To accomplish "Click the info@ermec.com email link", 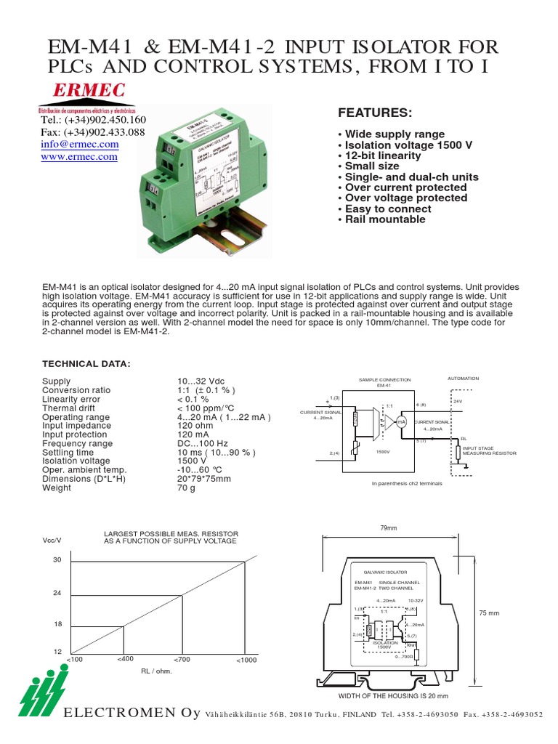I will (79, 145).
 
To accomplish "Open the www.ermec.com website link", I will (79, 156).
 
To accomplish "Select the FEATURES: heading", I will (375, 113).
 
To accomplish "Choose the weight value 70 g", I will (187, 488).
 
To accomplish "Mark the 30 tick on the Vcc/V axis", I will (57, 559).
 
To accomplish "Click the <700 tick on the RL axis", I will (181, 659).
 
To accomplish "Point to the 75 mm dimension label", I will (490, 614).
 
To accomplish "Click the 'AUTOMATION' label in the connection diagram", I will (463, 379).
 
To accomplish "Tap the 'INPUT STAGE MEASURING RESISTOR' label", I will (488, 450).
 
